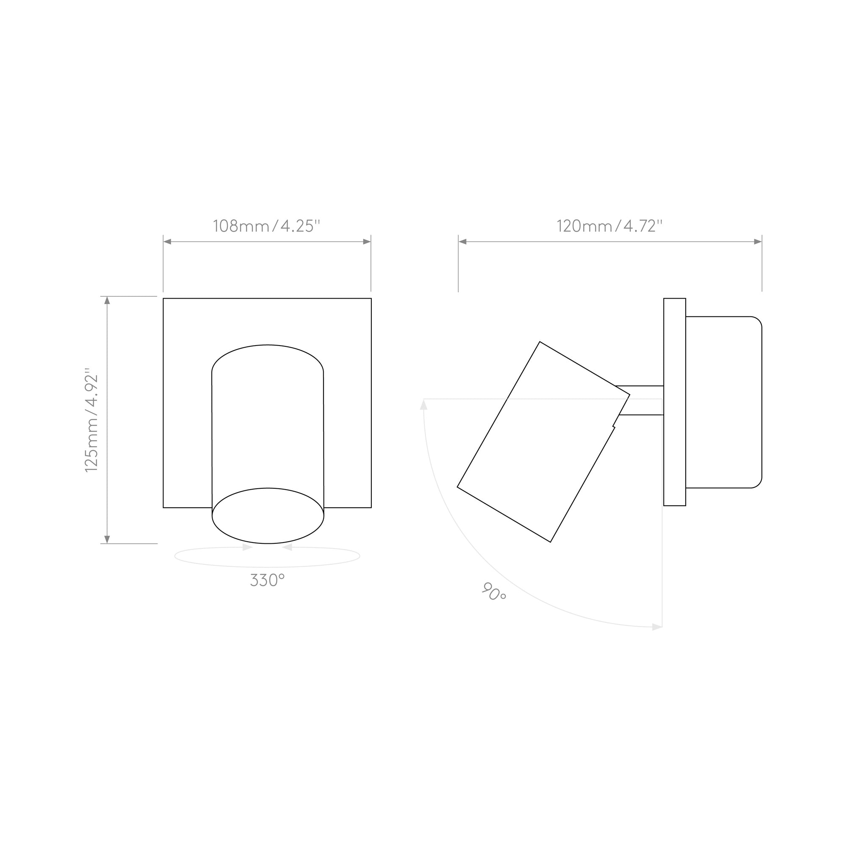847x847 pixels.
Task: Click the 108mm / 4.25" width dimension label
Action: pyautogui.click(x=266, y=226)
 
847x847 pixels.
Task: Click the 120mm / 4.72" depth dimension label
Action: pyautogui.click(x=609, y=226)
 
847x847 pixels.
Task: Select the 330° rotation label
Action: pyautogui.click(x=267, y=580)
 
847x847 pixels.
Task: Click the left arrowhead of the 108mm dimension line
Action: pyautogui.click(x=167, y=241)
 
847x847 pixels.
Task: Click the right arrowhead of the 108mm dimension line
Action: pyautogui.click(x=367, y=241)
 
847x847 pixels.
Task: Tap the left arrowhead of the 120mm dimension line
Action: pyautogui.click(x=462, y=241)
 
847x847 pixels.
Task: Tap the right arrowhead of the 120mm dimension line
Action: pyautogui.click(x=758, y=241)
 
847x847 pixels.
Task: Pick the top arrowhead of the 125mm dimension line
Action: pyautogui.click(x=107, y=300)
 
